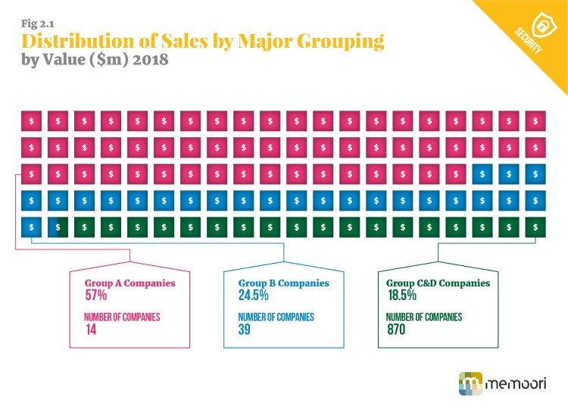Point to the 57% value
[96, 296]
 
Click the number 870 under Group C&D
[398, 330]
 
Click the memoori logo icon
[471, 383]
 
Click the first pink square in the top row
[31, 120]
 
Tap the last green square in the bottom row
[535, 227]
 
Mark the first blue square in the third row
[482, 174]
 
